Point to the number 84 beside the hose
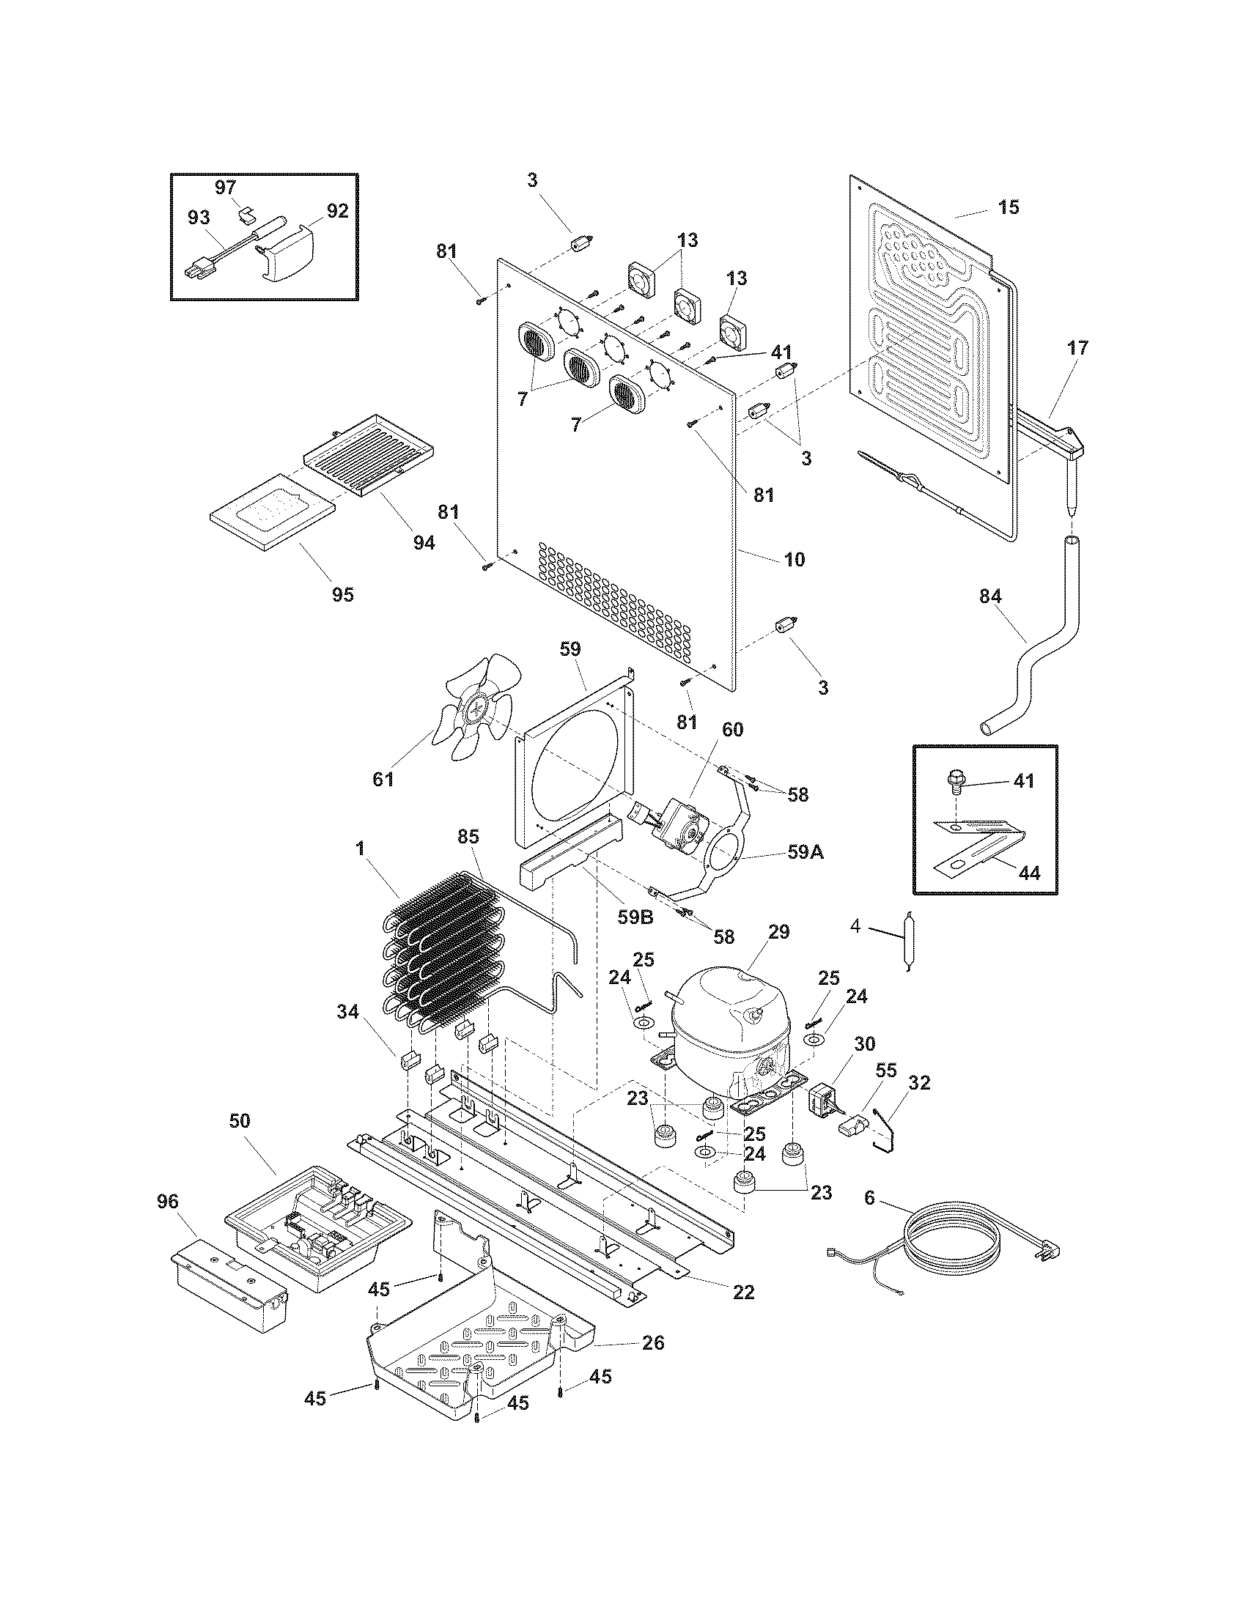990,596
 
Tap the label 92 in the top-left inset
336,211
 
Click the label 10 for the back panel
794,560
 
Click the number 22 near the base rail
743,1292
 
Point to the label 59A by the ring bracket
806,851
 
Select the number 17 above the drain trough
1077,347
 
